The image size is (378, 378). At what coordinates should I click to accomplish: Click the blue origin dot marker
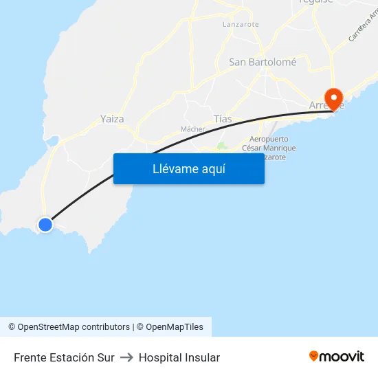tap(45, 224)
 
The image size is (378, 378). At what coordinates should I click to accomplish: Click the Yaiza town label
tap(112, 119)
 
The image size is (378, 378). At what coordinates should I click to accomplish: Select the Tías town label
tap(223, 119)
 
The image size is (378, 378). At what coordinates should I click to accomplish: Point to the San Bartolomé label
tap(263, 62)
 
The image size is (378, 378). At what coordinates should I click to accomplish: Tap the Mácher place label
tap(192, 129)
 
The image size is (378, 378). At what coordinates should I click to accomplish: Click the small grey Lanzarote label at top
tap(241, 24)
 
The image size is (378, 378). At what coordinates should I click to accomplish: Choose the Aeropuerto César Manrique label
tap(263, 148)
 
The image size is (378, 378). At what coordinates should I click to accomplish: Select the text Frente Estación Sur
tap(64, 357)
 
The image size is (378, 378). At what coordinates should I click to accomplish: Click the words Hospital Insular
tap(179, 357)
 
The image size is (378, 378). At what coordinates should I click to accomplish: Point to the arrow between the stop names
tap(126, 357)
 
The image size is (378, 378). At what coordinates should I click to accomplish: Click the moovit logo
tap(336, 356)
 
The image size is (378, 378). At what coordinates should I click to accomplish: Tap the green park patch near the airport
tap(221, 146)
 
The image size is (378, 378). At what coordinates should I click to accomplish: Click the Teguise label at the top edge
tap(315, 2)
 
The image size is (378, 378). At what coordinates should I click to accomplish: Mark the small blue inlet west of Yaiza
tap(52, 142)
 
